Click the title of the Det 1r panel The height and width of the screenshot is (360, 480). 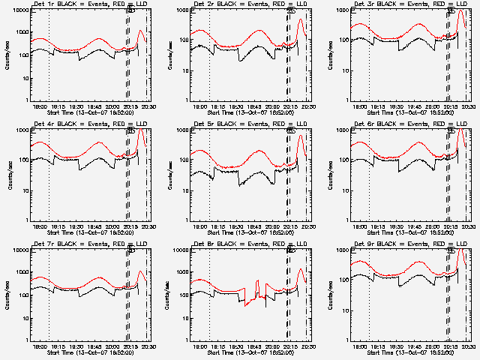(x=80, y=4)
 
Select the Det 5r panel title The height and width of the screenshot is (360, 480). (x=240, y=123)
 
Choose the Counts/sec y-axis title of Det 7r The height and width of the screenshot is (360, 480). (x=9, y=293)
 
